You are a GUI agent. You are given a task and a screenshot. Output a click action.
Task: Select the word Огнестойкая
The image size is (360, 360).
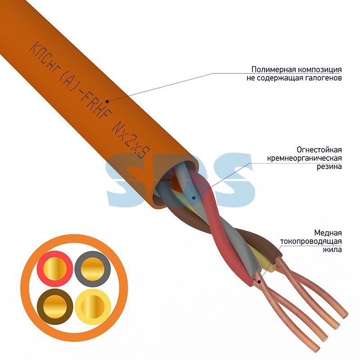(x=319, y=150)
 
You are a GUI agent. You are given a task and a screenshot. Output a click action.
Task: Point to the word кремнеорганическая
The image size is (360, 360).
(x=305, y=158)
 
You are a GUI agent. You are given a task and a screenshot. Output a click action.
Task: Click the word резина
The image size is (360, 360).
(x=329, y=166)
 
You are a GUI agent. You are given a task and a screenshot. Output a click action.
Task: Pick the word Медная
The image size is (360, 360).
(x=328, y=233)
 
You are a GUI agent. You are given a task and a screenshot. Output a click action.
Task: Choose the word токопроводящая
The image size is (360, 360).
(x=311, y=242)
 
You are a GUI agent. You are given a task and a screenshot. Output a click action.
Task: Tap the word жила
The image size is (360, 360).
(x=333, y=250)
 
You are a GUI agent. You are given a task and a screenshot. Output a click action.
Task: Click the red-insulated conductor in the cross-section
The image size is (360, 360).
(x=55, y=269)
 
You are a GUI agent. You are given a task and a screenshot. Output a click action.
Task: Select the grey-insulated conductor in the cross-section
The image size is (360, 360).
(x=93, y=269)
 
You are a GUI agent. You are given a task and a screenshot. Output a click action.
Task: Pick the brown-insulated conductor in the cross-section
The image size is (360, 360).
(x=55, y=307)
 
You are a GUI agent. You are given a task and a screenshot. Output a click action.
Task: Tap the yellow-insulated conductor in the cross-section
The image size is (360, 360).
(x=93, y=307)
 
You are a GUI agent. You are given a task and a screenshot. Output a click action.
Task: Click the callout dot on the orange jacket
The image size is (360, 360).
(x=107, y=101)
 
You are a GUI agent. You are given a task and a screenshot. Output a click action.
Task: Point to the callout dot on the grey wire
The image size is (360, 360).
(x=194, y=198)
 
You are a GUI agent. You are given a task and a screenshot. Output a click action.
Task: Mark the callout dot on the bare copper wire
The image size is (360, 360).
(x=259, y=281)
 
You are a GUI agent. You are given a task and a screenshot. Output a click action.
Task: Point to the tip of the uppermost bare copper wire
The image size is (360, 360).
(x=344, y=315)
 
